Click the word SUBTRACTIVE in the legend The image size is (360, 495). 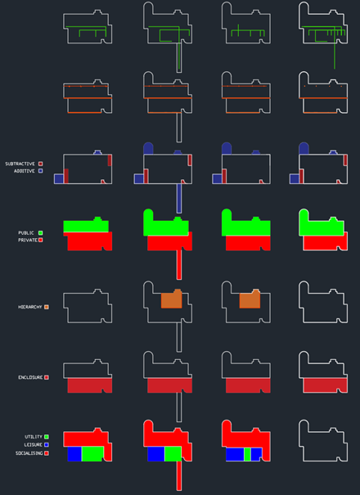[20, 164]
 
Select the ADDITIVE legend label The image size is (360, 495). [25, 171]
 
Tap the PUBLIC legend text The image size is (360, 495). [26, 233]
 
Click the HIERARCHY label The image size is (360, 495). [30, 307]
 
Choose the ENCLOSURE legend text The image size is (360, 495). [30, 377]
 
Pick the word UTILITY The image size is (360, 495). [34, 437]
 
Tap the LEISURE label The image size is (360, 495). [34, 445]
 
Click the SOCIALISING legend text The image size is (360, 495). [29, 453]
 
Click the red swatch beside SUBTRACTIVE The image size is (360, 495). [40, 164]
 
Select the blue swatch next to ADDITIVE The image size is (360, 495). [40, 171]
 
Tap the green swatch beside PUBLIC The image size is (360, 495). [40, 233]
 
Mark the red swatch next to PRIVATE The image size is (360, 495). [40, 241]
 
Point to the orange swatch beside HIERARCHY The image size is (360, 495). [47, 307]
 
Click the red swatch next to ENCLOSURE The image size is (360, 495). [47, 377]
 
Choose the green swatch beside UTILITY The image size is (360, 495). [47, 437]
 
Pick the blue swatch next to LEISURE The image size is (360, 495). [47, 445]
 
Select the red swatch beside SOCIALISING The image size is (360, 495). [47, 453]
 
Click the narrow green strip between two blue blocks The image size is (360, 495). [248, 454]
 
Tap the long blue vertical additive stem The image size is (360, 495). [179, 199]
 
